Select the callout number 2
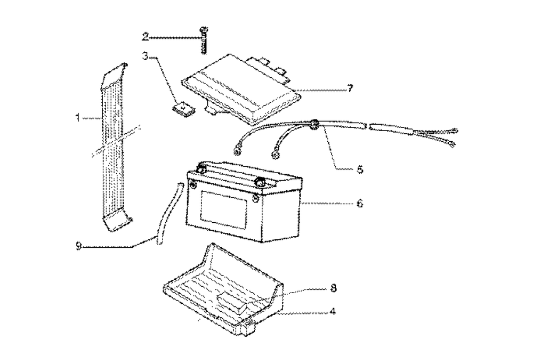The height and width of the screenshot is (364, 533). (145, 36)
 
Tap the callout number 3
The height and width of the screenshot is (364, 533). (145, 55)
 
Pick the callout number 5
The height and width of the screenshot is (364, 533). (360, 170)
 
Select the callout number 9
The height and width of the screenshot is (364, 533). (79, 246)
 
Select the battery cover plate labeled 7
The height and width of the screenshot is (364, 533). (240, 88)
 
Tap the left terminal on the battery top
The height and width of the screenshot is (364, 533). (202, 169)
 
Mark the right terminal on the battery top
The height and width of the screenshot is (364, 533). (260, 182)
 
